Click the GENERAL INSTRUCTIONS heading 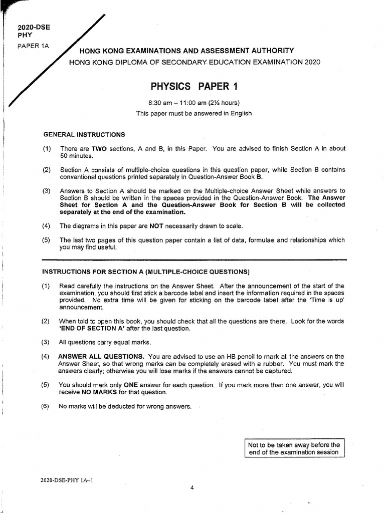84,135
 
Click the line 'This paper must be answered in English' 194,113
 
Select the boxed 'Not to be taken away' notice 294,448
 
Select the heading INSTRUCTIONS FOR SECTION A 145,272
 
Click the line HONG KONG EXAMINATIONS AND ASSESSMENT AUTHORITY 183,51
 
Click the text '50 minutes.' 74,156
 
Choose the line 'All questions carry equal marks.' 105,342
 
